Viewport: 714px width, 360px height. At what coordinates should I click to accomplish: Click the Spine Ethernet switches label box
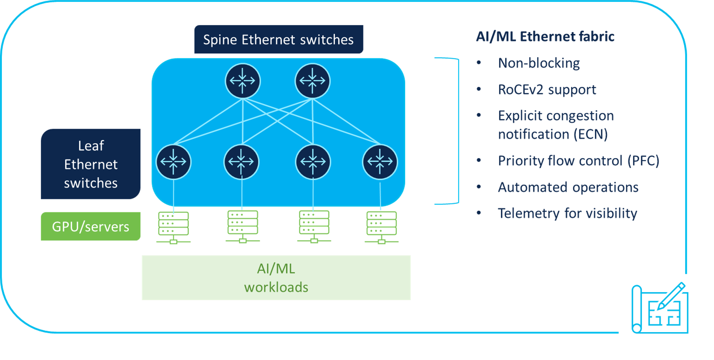[278, 39]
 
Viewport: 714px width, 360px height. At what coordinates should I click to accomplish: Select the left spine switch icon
[242, 81]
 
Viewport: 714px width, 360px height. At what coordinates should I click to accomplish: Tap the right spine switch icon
[312, 81]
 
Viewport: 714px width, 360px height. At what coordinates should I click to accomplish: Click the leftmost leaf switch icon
[173, 162]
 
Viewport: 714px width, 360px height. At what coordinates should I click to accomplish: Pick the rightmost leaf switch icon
[380, 162]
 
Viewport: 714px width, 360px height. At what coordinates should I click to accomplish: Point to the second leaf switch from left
[241, 162]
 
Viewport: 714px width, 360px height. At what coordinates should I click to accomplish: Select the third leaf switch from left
[313, 162]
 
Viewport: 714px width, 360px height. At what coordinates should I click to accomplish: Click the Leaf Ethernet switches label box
[91, 164]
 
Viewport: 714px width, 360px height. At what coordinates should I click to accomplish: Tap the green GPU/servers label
[91, 226]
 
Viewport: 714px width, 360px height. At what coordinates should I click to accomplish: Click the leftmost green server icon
[173, 227]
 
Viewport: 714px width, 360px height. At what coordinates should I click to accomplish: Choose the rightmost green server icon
[381, 227]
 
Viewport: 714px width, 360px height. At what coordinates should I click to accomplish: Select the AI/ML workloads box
[276, 278]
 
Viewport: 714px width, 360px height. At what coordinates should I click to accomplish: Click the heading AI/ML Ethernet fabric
[545, 37]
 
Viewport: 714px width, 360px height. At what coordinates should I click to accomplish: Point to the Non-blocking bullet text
[539, 63]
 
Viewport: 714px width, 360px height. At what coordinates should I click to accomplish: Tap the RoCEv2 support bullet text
[547, 90]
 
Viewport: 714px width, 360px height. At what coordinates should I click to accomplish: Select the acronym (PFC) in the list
[643, 161]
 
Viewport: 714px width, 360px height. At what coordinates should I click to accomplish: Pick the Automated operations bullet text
[568, 187]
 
